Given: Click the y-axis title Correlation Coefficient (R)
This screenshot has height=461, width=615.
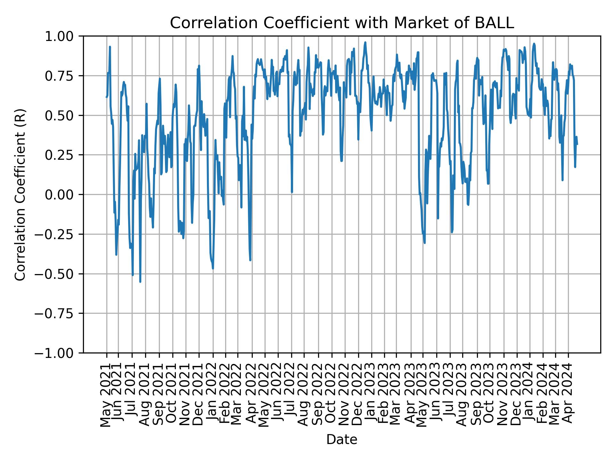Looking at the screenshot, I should [20, 194].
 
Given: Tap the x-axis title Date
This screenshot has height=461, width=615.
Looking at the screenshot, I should [341, 440].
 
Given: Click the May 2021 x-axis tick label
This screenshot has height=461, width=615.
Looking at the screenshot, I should [106, 395].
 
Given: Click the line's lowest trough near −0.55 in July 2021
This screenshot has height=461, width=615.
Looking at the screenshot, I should [140, 282].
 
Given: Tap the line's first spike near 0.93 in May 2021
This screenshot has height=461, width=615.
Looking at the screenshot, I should [110, 47].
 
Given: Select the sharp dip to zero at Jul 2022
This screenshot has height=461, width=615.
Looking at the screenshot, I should [292, 192].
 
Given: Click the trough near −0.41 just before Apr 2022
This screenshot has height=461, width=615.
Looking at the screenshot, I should [250, 260].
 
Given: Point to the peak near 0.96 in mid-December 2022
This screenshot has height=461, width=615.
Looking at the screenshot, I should [365, 42].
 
